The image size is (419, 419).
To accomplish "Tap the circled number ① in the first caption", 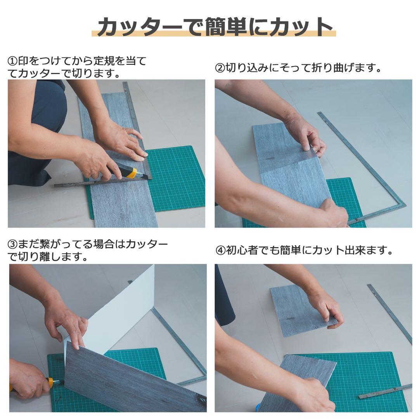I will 12,61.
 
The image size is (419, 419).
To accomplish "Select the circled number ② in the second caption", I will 220,69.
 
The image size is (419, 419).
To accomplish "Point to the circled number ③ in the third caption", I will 12,245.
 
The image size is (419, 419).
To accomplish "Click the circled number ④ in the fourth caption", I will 220,251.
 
